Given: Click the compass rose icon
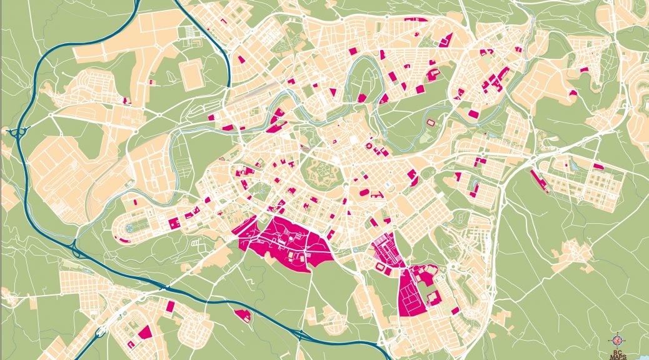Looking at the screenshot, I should [617, 341].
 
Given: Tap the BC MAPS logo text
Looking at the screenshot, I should [617, 353].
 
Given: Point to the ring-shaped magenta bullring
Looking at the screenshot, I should [369, 147].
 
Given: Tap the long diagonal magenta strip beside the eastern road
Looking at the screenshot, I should [538, 181].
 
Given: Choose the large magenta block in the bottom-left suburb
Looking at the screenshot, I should [146, 331].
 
